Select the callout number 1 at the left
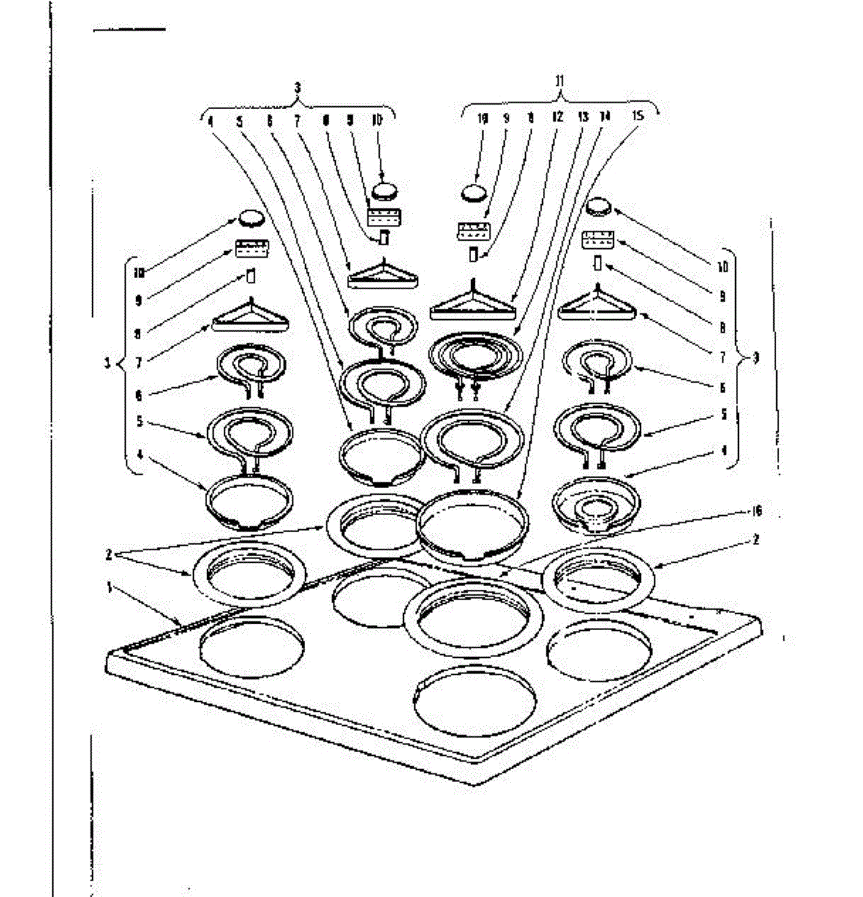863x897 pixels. click(x=110, y=588)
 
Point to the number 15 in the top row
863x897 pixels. click(x=638, y=117)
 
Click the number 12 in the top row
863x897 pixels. click(x=557, y=117)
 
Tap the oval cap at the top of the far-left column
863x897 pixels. click(x=251, y=218)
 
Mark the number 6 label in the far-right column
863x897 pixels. click(x=722, y=387)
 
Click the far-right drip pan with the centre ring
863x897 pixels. click(x=596, y=505)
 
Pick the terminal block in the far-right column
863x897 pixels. click(x=599, y=240)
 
